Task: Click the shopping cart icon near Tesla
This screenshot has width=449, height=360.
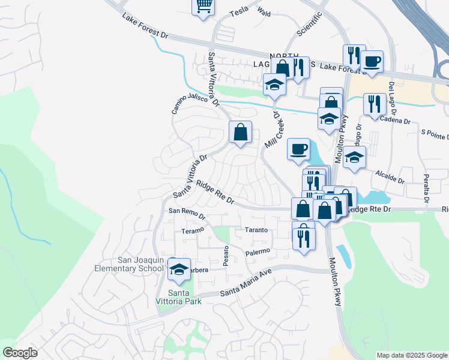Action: (x=203, y=6)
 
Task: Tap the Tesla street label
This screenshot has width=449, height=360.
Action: (x=238, y=12)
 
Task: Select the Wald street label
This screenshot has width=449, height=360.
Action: (x=264, y=11)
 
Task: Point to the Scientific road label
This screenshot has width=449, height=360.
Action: (x=310, y=24)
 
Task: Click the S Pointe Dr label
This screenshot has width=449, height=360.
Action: (x=435, y=132)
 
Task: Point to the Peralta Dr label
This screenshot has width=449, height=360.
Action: (x=427, y=186)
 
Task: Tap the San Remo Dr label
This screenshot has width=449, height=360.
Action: (x=187, y=211)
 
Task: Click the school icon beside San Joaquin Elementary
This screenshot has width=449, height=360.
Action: (x=179, y=270)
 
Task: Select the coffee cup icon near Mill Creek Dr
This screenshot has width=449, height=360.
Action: (x=298, y=149)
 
